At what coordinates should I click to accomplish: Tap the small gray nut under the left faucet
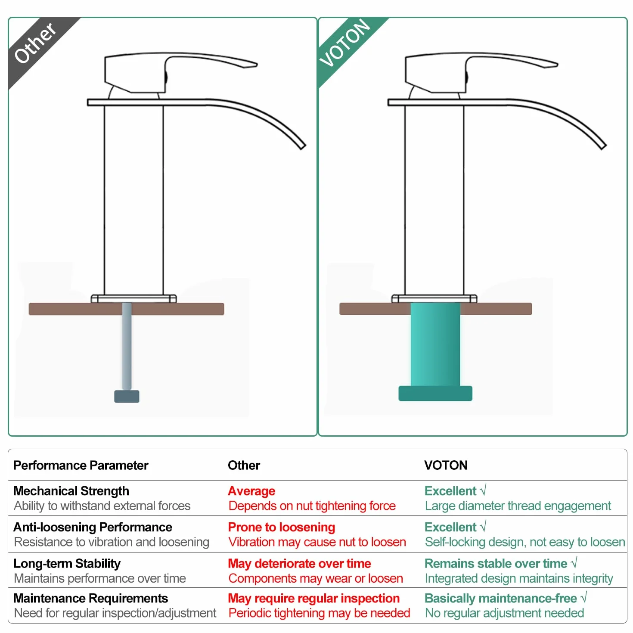point(127,396)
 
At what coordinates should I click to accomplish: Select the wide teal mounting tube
point(435,344)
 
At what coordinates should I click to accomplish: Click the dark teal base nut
point(435,393)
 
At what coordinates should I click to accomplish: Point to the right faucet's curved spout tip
point(603,146)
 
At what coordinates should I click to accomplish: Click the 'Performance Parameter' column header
point(81,465)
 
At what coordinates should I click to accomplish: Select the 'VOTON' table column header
point(445,465)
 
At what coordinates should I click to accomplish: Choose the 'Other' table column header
point(244,465)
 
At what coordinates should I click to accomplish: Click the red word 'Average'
point(251,491)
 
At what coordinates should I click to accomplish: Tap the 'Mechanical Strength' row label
point(71,491)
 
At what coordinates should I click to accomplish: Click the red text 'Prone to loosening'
point(281,527)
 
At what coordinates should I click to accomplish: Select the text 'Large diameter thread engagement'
point(518,506)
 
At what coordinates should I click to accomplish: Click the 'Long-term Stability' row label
point(67,563)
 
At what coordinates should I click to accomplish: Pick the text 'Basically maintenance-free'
point(500,598)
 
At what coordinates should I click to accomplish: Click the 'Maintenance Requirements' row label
point(91,598)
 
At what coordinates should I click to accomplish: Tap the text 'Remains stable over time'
point(496,563)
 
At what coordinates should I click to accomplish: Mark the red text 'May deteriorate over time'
point(299,563)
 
